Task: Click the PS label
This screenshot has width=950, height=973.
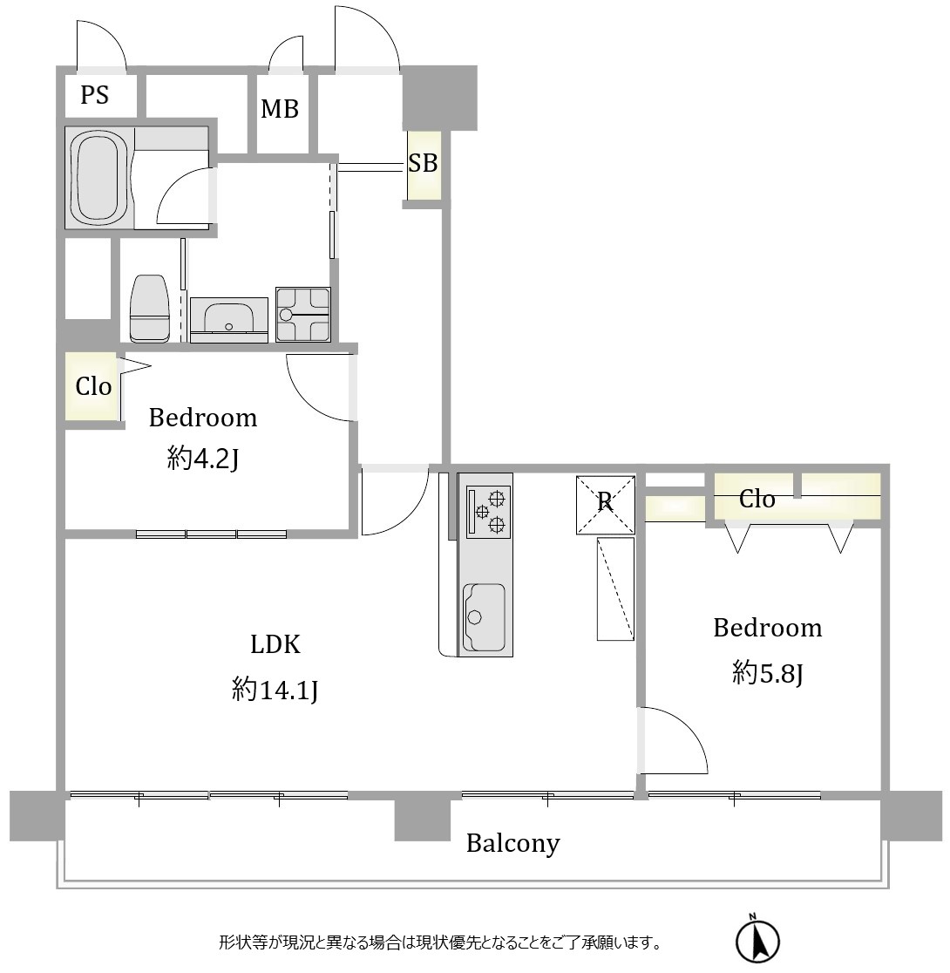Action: [x=94, y=95]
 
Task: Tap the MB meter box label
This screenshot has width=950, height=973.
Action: [x=280, y=109]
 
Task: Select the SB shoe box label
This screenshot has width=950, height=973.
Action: [x=423, y=162]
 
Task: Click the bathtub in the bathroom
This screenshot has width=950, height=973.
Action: [x=100, y=178]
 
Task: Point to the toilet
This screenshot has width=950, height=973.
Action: [x=150, y=309]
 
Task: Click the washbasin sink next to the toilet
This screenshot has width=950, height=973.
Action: [x=229, y=319]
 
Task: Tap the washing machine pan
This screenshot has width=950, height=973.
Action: [x=302, y=314]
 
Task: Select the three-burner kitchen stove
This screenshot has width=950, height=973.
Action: [x=489, y=511]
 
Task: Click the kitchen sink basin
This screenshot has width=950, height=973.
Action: [x=484, y=616]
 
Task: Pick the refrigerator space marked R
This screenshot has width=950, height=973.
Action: [x=605, y=504]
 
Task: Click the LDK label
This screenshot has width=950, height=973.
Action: [x=275, y=644]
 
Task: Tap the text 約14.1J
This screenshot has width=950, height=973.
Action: [x=275, y=689]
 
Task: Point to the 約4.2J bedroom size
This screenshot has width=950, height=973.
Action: [x=203, y=459]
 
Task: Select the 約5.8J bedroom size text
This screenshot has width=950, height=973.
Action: [x=768, y=672]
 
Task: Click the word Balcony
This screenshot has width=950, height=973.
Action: [x=513, y=843]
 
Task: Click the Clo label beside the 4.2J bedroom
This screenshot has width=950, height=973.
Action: [x=93, y=386]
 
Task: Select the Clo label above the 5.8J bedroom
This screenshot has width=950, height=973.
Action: [x=757, y=499]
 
